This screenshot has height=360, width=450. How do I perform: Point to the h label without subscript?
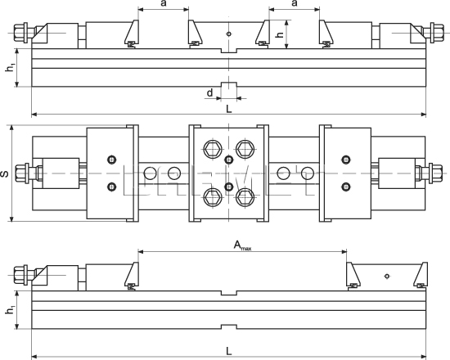pyautogui.click(x=280, y=36)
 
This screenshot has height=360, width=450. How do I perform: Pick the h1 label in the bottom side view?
pyautogui.click(x=10, y=311)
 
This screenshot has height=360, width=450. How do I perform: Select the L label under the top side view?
pyautogui.click(x=228, y=107)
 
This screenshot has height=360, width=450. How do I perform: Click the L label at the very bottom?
pyautogui.click(x=228, y=350)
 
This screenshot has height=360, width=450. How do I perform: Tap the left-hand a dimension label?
pyautogui.click(x=164, y=5)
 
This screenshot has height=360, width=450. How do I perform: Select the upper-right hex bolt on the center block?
pyautogui.click(x=242, y=149)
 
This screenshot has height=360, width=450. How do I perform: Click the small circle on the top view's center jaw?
pyautogui.click(x=230, y=34)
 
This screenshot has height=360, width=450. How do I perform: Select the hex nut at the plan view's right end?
pyautogui.click(x=425, y=173)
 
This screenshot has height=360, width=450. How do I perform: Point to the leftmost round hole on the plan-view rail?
pyautogui.click(x=149, y=173)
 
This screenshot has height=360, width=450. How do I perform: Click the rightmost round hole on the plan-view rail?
pyautogui.click(x=308, y=173)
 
